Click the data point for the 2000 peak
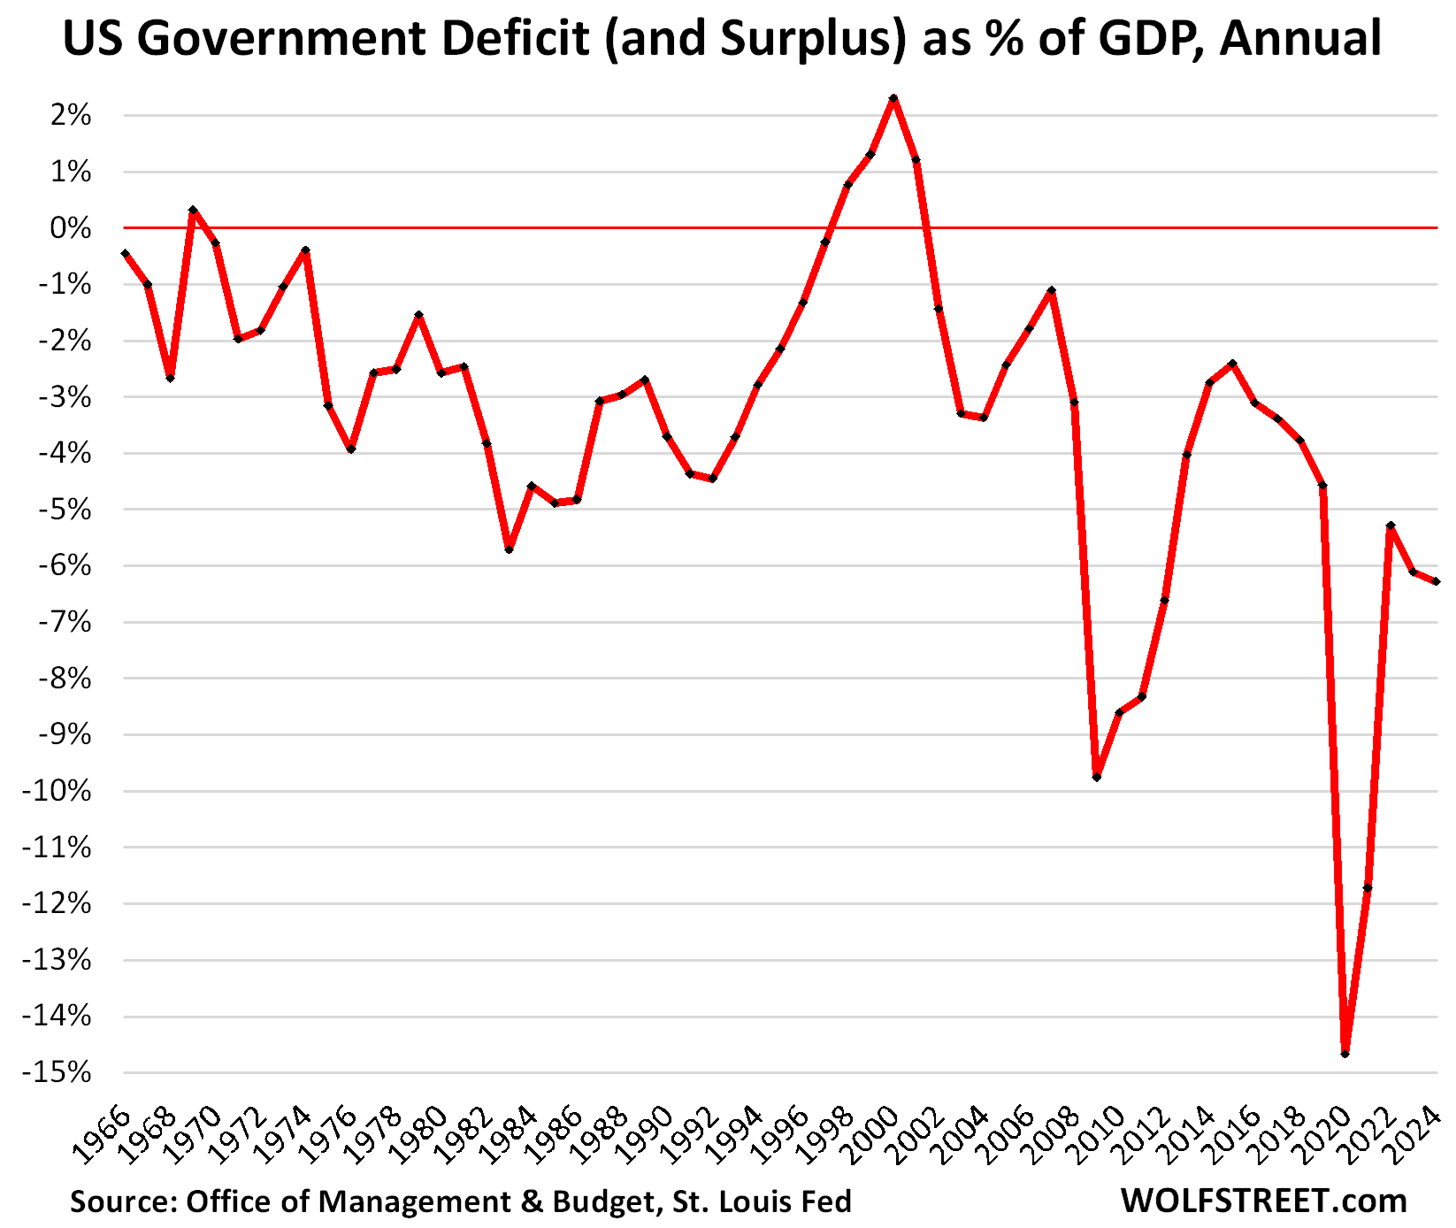click(x=893, y=98)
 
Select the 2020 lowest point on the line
click(x=1345, y=1054)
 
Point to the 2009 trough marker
click(x=1097, y=777)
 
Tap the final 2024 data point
click(x=1436, y=581)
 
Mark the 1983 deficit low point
click(x=510, y=549)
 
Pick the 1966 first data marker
click(x=126, y=254)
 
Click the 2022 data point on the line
click(x=1391, y=526)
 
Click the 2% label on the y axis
click(x=71, y=115)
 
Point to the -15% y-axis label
click(x=60, y=1073)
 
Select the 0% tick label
click(x=71, y=228)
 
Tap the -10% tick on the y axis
click(x=60, y=791)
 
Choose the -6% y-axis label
click(x=65, y=566)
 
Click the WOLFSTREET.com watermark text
click(x=1263, y=1201)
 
